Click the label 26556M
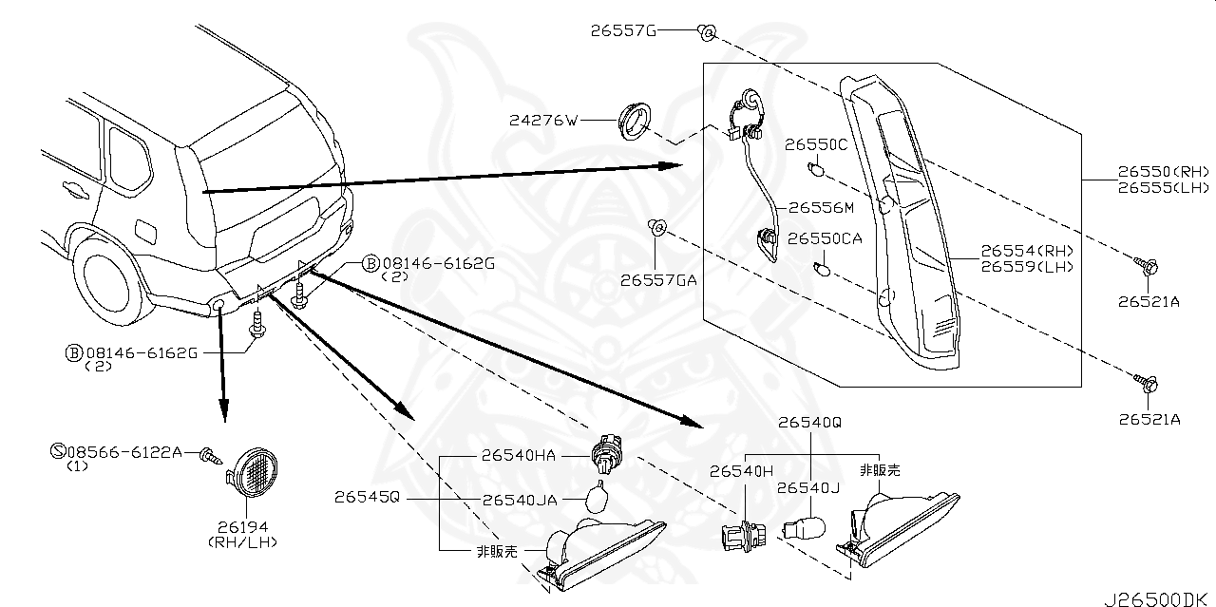[822, 207]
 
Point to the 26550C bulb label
[816, 145]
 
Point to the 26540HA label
[519, 457]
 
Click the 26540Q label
[809, 422]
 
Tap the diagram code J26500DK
[1159, 598]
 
